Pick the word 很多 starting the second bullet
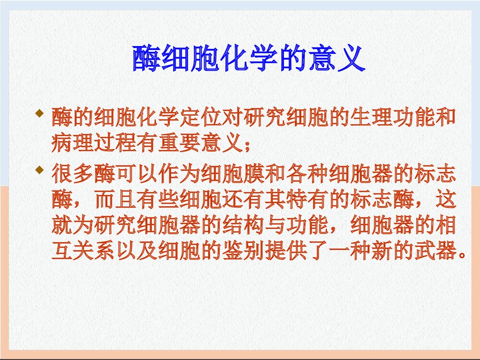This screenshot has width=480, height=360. tap(72, 173)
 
